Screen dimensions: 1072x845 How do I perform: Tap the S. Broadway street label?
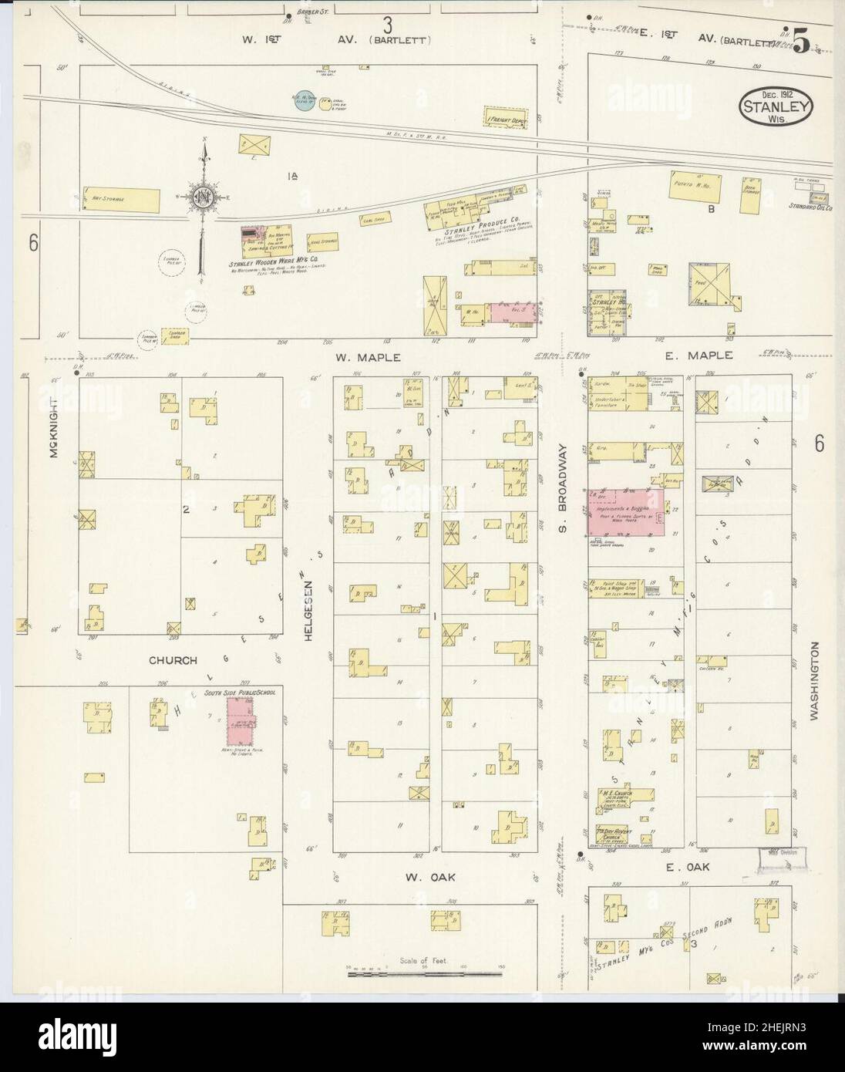point(563,487)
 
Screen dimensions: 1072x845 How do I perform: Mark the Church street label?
point(173,660)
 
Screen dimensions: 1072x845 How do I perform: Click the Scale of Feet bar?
point(426,974)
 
